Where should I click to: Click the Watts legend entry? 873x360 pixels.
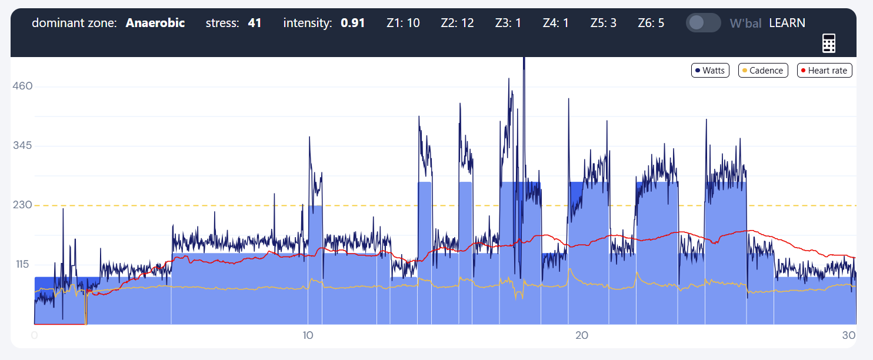point(710,71)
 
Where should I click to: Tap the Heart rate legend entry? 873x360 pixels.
point(824,71)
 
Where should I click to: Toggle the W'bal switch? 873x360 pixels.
point(703,23)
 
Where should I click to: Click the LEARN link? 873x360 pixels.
point(787,23)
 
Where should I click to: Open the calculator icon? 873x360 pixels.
point(829,43)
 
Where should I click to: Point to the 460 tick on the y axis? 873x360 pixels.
point(22,86)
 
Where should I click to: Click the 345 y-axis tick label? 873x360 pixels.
point(22,146)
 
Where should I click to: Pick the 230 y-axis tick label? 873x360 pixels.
point(22,205)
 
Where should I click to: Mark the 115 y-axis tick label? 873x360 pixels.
point(22,265)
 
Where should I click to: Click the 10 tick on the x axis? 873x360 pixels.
point(308,335)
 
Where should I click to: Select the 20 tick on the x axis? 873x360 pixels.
point(582,335)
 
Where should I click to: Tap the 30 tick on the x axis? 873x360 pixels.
point(848,335)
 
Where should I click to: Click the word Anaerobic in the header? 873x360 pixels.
point(155,23)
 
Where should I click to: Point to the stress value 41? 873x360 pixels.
point(254,23)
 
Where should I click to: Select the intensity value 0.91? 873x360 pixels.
point(353,23)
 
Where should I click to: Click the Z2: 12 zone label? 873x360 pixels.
point(457,23)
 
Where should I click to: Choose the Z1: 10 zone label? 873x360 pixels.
point(403,23)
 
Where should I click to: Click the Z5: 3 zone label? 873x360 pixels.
point(603,23)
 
